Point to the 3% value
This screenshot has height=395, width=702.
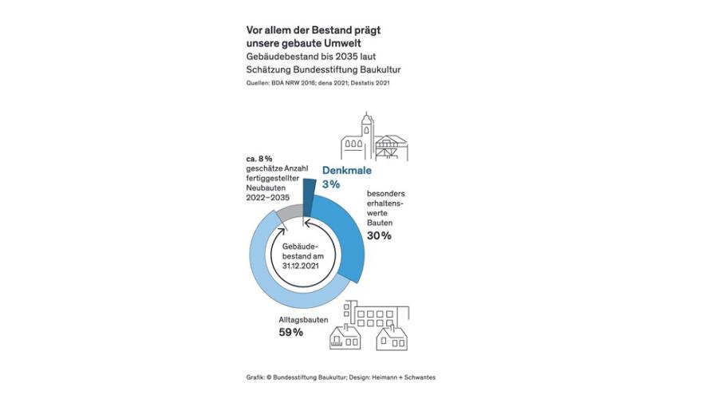coord(331,184)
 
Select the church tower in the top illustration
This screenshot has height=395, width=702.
coord(365,132)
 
